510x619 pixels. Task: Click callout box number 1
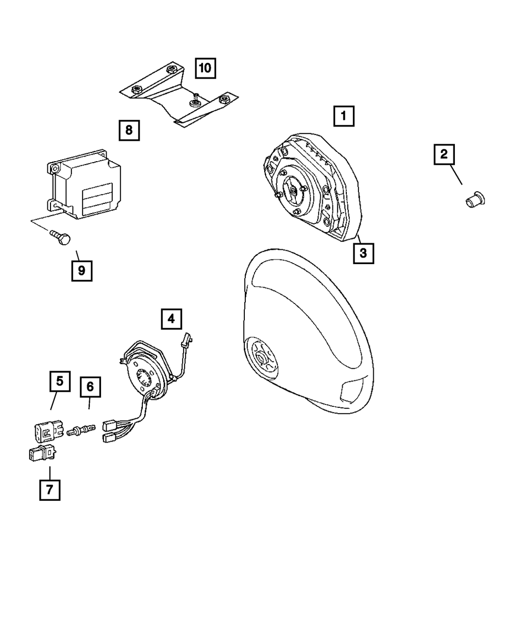coord(344,116)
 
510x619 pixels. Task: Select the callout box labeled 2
coord(444,154)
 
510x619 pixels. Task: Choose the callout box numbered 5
coord(60,381)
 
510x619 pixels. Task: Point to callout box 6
coord(90,387)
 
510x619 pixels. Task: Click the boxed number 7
coord(49,489)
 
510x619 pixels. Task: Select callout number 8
coord(129,130)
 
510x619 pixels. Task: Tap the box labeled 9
coord(82,271)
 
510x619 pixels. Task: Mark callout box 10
coord(205,67)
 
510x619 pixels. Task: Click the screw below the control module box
coord(60,238)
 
